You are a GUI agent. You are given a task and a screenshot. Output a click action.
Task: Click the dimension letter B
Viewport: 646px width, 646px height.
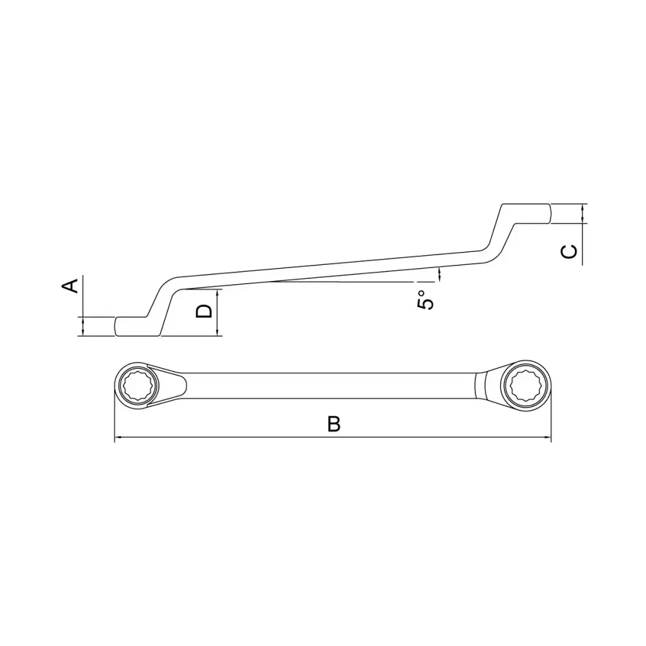(334, 424)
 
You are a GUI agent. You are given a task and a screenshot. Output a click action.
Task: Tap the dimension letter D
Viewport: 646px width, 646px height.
(203, 311)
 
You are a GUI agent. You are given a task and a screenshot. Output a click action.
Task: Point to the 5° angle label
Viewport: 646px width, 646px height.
(426, 300)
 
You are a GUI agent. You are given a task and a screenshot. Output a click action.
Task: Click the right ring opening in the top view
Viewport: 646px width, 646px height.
(525, 385)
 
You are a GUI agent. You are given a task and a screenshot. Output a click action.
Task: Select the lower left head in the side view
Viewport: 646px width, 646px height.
(136, 326)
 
